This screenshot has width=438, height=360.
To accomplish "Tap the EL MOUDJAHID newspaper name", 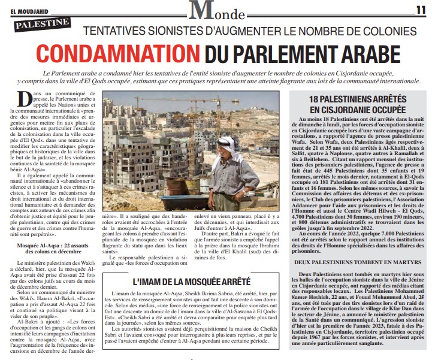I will [29, 9].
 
